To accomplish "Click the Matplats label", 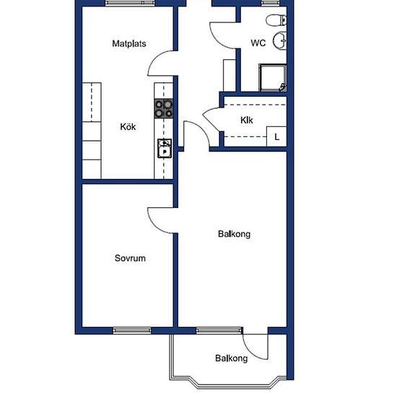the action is point(129,43).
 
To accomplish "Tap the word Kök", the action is point(128,126).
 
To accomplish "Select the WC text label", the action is point(258,43).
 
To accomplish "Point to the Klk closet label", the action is point(247,120).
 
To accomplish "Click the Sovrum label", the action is point(130,258).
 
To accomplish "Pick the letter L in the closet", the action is point(277,137).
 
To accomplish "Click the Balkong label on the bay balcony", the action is point(232,358).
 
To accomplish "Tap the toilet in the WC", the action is point(276,19).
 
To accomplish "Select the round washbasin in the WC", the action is point(280,40).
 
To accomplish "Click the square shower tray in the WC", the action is point(273,77).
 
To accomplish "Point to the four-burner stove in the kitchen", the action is point(164,108).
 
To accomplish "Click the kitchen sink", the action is point(165,149).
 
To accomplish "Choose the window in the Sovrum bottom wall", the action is point(132,331).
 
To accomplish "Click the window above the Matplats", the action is point(130,3).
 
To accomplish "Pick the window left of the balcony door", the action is point(219,331).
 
